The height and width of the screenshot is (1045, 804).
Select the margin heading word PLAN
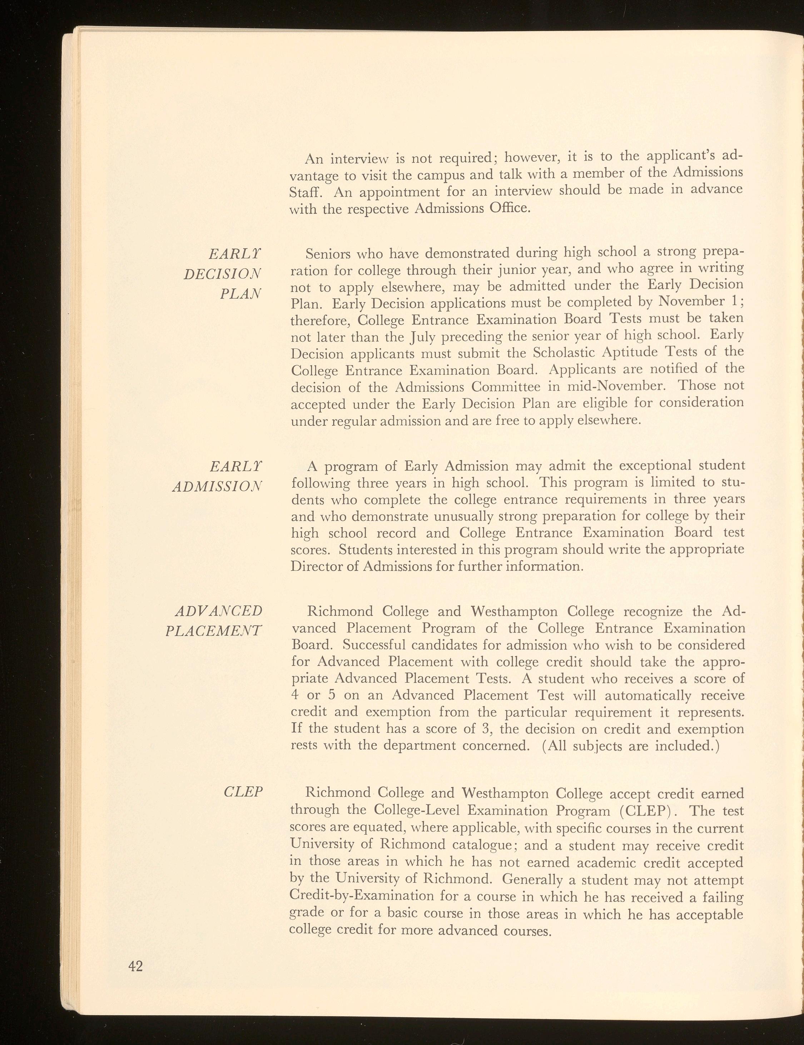(241, 293)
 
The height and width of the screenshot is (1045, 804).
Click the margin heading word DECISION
(223, 274)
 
